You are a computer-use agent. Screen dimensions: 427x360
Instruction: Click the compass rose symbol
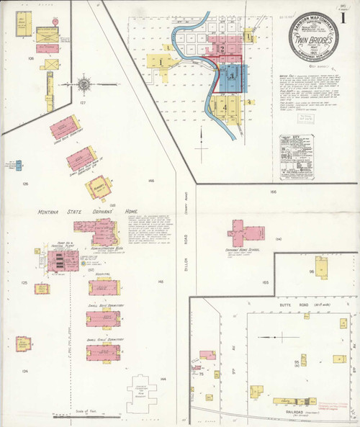[85, 84]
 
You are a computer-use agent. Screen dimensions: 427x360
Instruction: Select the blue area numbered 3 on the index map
[230, 74]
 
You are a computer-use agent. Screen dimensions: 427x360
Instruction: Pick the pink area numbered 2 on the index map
[222, 50]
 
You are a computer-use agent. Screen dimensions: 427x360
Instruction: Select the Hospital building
[102, 288]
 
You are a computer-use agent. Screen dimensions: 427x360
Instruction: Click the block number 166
[273, 192]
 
